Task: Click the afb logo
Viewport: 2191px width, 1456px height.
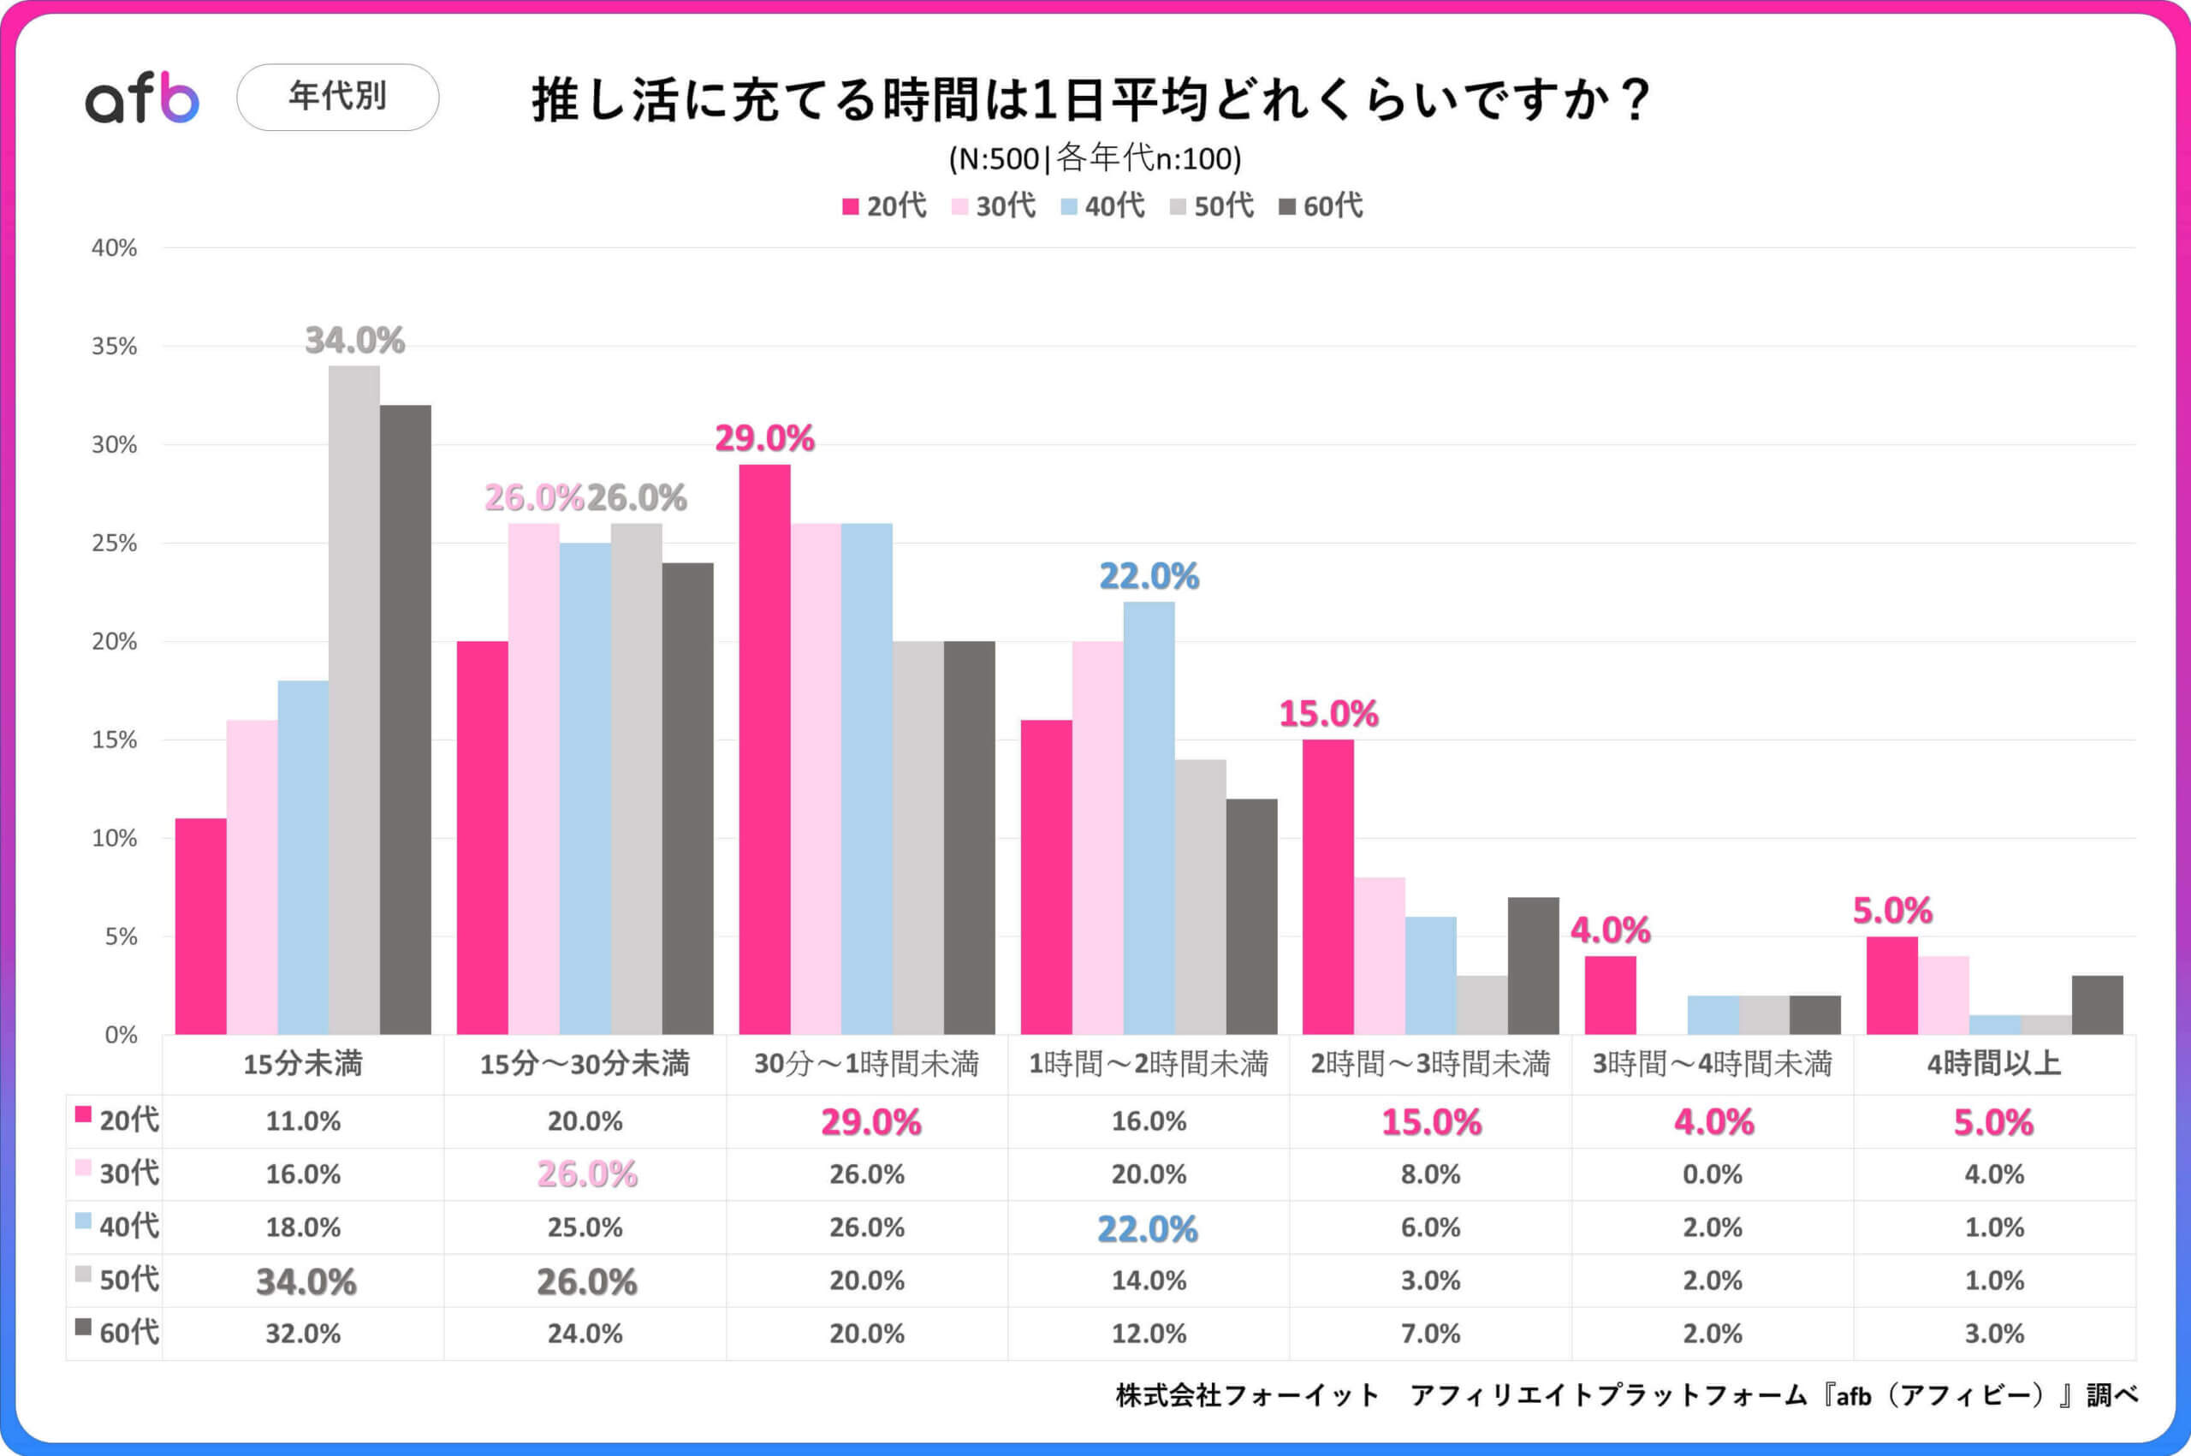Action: tap(142, 98)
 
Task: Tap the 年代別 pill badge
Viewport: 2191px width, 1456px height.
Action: tap(337, 97)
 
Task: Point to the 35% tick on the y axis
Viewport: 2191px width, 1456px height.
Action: tap(113, 347)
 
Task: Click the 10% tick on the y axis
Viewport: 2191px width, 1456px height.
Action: tap(113, 839)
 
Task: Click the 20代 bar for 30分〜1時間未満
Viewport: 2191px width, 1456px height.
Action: tap(764, 748)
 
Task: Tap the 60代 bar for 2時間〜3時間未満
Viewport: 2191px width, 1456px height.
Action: tap(1533, 966)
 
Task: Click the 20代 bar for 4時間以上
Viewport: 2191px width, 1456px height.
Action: tap(1891, 985)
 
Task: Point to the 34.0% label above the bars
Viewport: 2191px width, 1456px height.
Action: tap(354, 341)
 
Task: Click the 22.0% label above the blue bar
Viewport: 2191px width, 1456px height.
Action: tap(1149, 577)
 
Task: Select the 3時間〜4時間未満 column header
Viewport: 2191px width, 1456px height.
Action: tap(1712, 1063)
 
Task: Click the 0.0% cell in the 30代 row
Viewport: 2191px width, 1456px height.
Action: tap(1712, 1174)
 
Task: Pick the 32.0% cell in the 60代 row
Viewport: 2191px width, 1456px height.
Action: tap(303, 1334)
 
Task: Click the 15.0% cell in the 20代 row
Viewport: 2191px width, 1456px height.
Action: tap(1431, 1121)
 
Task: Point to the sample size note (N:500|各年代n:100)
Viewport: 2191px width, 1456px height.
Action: tap(1095, 160)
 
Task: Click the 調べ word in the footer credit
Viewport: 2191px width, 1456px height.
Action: tap(2112, 1394)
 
